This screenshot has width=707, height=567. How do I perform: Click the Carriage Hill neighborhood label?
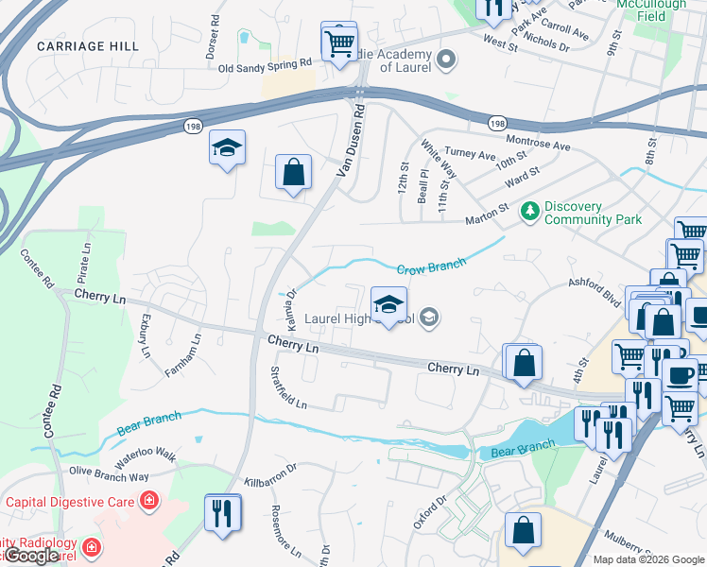(x=87, y=45)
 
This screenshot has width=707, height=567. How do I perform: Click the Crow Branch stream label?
(x=432, y=268)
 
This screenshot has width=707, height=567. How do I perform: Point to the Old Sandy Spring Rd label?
(x=265, y=65)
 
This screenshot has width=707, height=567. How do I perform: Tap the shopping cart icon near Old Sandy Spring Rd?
(x=338, y=42)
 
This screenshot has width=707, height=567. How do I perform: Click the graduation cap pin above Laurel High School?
(x=388, y=304)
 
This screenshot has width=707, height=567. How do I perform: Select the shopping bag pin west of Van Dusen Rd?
(x=294, y=173)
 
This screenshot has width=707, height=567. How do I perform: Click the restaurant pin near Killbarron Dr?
(x=223, y=513)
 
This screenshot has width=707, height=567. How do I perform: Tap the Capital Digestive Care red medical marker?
(x=148, y=501)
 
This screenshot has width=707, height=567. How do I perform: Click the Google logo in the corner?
(x=31, y=556)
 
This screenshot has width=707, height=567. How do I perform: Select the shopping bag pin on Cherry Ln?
(x=523, y=363)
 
